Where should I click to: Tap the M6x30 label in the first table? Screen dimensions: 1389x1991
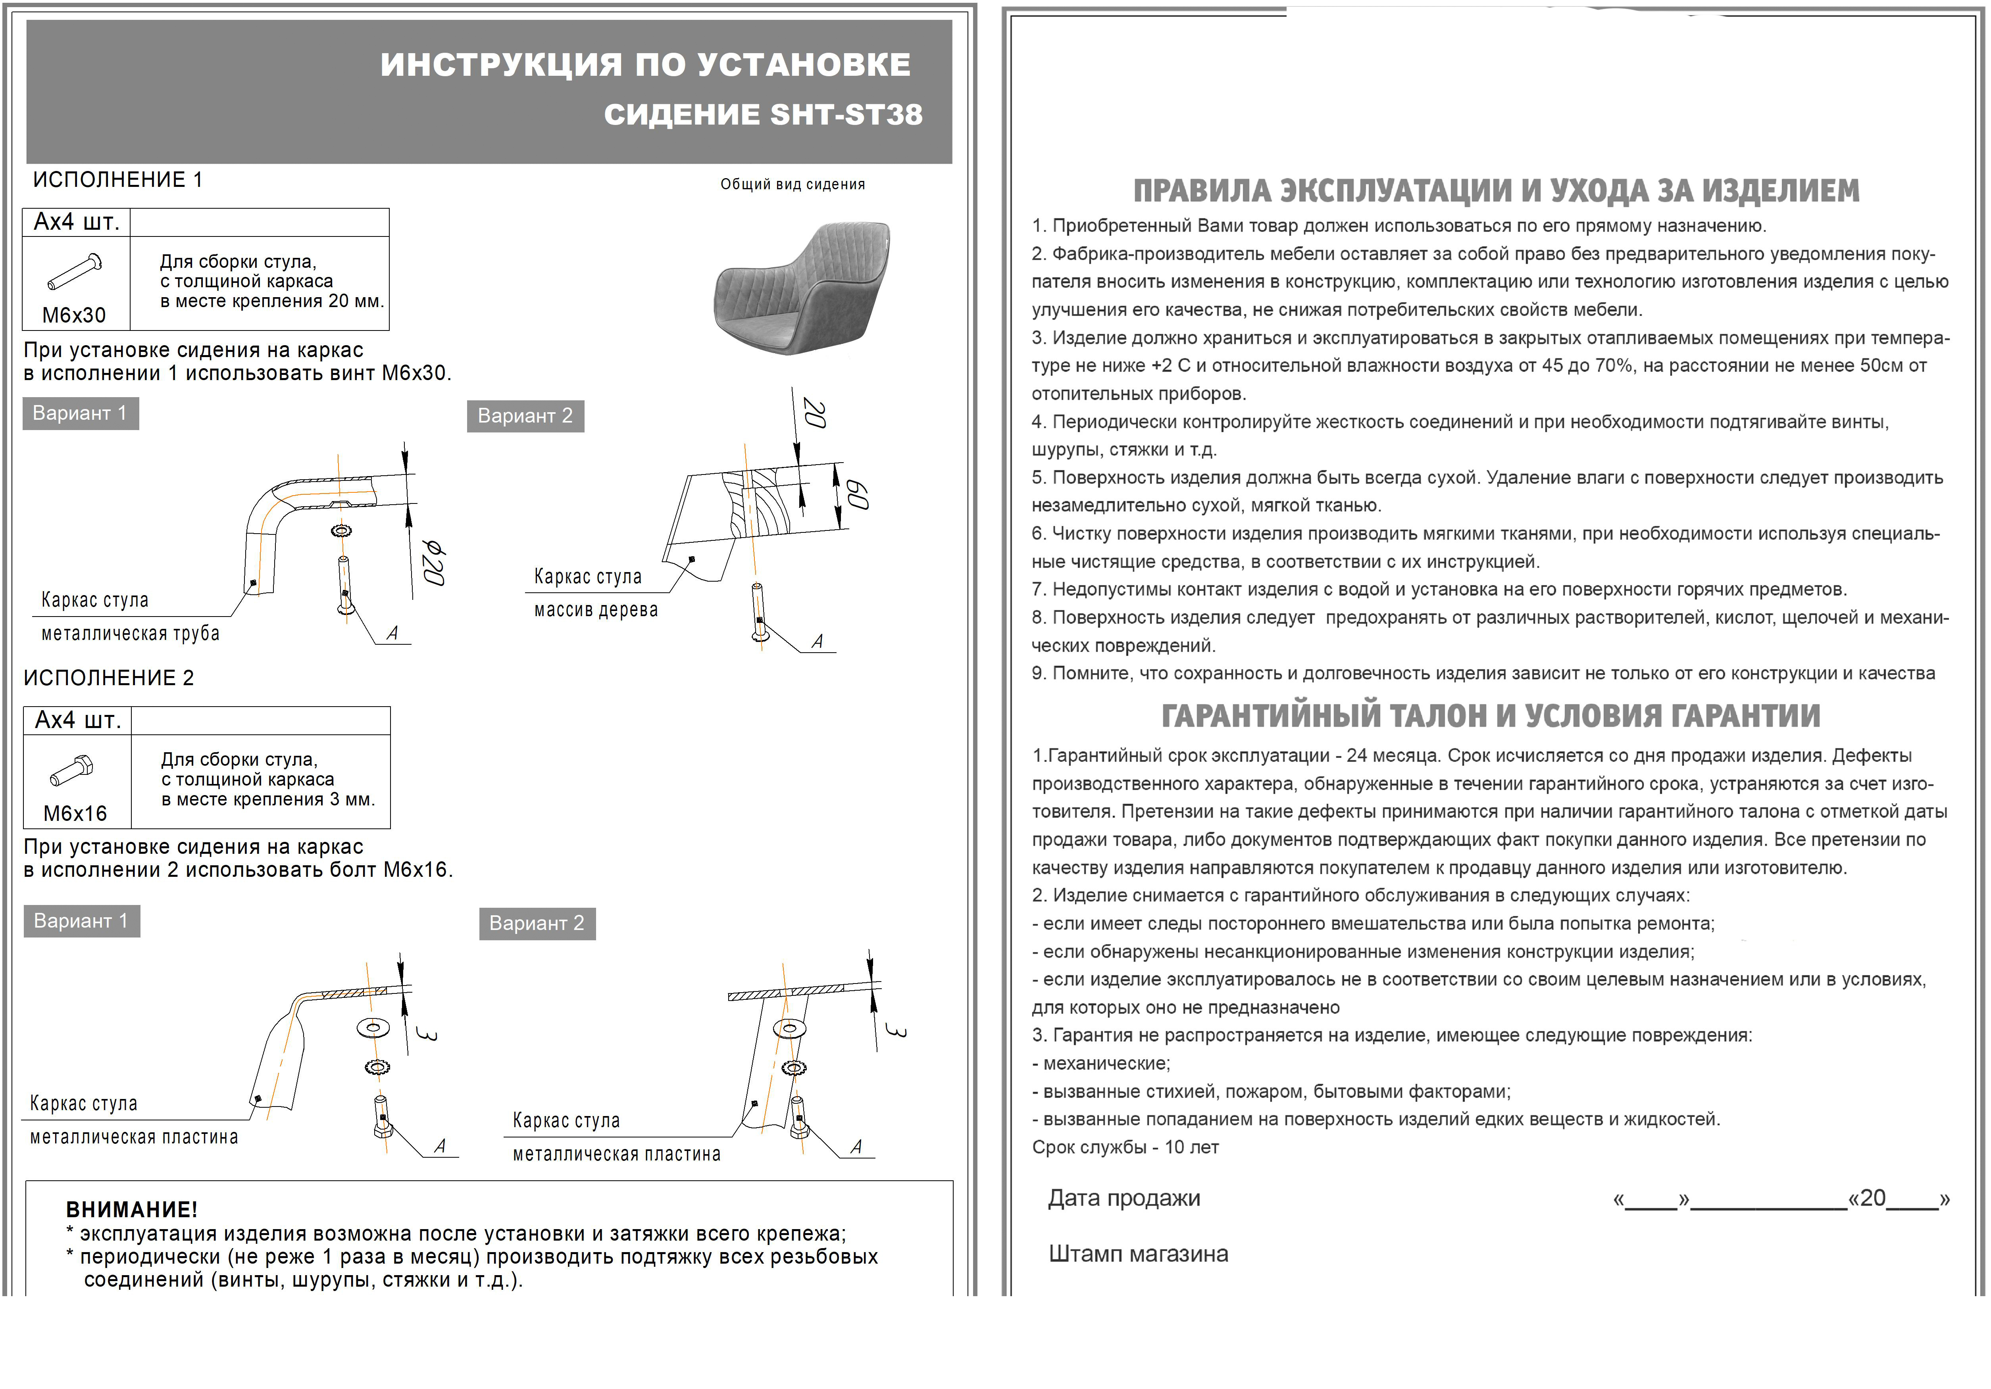75,315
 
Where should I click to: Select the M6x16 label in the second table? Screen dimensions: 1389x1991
75,813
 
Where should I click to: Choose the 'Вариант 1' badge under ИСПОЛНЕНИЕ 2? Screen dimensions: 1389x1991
81,921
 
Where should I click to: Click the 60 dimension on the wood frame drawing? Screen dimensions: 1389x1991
857,494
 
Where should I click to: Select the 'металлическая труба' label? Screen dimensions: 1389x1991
130,634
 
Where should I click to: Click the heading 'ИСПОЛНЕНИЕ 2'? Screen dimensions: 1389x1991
108,678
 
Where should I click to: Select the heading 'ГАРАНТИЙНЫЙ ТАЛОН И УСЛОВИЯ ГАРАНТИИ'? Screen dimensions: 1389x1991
1491,716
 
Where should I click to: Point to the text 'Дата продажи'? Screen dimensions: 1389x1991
1124,1198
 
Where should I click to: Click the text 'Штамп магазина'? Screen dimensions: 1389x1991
1138,1254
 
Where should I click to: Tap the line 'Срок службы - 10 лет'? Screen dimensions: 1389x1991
1125,1147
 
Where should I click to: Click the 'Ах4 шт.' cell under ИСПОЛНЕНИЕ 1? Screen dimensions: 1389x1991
76,222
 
